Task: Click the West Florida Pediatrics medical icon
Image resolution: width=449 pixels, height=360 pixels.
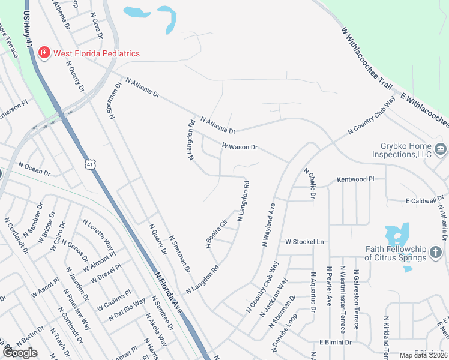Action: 44,53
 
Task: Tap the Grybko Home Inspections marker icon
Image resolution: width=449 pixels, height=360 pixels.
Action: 440,149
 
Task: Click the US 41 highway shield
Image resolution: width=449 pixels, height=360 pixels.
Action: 89,164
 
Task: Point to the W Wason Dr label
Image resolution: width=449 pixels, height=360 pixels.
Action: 239,146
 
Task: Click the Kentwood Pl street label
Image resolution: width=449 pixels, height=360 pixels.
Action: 355,179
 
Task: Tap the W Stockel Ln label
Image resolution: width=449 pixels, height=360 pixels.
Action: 304,242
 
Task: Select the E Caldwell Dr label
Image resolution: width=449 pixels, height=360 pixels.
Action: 425,201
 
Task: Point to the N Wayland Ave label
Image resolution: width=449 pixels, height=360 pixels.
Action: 268,224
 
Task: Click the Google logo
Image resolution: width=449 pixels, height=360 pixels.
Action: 20,353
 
